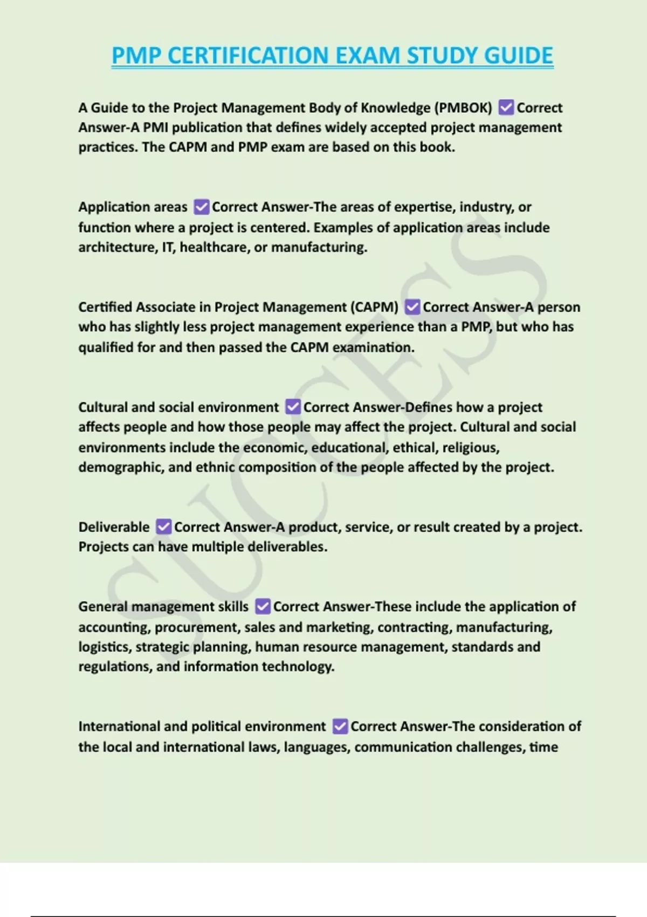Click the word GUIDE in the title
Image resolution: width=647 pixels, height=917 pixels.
click(x=518, y=56)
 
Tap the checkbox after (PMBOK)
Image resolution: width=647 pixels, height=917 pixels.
click(x=506, y=108)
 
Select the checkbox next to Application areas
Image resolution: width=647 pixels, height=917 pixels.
click(x=201, y=207)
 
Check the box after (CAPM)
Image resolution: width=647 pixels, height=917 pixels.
click(x=412, y=307)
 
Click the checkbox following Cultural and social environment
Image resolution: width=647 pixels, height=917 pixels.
click(x=293, y=407)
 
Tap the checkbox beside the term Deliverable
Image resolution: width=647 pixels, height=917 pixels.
click(x=163, y=526)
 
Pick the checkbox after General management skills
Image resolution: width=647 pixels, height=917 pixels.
click(x=263, y=607)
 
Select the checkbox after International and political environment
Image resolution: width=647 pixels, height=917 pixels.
click(x=340, y=727)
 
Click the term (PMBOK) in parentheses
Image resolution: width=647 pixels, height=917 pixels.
click(x=463, y=108)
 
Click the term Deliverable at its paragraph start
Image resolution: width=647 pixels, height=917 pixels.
click(x=114, y=527)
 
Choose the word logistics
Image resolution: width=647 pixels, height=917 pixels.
click(x=104, y=647)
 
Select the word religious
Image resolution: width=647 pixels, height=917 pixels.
click(x=470, y=448)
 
